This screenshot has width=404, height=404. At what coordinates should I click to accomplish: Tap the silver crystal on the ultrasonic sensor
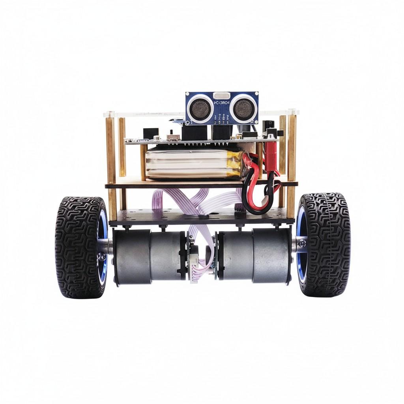(x=222, y=96)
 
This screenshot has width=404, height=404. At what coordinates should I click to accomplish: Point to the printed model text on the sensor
(x=221, y=103)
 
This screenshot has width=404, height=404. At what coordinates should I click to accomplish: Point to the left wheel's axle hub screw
(x=102, y=256)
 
